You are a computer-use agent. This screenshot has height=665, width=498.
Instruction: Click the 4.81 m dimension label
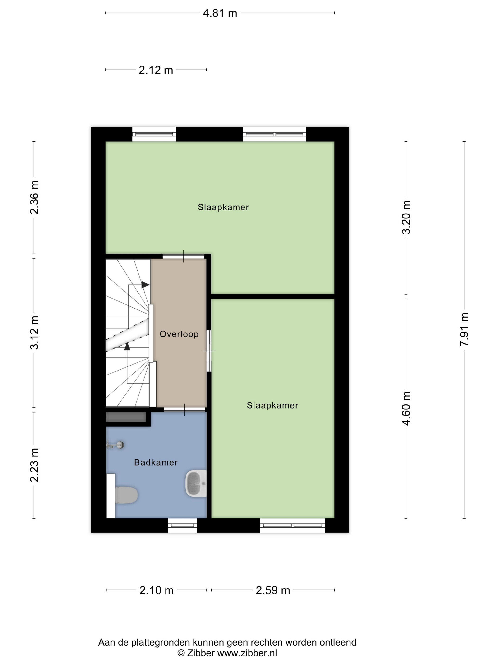(220, 13)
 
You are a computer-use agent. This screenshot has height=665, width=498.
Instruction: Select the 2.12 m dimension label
(156, 70)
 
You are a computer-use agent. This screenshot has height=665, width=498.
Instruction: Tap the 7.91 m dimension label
(464, 329)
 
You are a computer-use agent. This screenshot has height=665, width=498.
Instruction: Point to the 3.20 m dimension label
(406, 217)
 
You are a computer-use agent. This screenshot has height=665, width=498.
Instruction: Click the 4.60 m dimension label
(406, 408)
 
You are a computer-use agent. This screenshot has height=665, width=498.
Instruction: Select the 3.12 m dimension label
(34, 332)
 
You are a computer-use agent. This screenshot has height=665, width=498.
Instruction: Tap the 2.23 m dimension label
(34, 465)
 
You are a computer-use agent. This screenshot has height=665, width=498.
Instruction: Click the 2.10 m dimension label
(156, 590)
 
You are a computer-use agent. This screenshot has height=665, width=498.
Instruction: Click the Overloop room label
(179, 334)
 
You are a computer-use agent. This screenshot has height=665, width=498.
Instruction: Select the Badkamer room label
(156, 462)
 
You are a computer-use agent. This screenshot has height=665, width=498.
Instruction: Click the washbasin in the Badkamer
(196, 483)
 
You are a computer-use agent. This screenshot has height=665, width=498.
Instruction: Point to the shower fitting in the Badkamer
(115, 445)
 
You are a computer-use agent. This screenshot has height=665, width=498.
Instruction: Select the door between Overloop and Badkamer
(184, 409)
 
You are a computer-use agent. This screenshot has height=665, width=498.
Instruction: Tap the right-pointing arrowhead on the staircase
(146, 284)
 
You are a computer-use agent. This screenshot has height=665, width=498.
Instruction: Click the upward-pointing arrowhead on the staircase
(127, 346)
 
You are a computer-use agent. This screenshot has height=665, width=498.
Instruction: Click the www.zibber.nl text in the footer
(247, 653)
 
